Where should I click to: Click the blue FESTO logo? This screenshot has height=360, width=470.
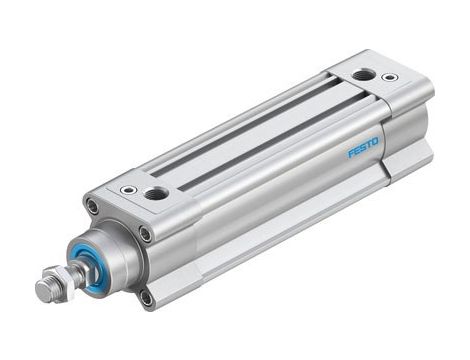363,148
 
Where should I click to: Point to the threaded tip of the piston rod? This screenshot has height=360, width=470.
43,291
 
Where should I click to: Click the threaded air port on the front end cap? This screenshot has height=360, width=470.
156,192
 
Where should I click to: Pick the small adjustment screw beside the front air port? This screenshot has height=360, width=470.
128,189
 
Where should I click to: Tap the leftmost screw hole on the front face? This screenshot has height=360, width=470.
92,207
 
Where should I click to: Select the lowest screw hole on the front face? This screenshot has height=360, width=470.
147,297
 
